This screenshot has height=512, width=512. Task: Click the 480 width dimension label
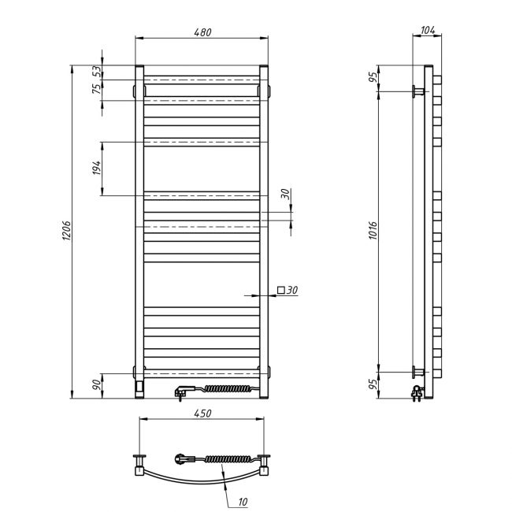[202, 32]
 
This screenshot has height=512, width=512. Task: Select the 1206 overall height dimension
[66, 231]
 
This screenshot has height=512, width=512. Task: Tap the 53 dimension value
[97, 71]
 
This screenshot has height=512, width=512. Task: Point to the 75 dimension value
[97, 89]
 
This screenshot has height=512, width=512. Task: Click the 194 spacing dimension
[97, 168]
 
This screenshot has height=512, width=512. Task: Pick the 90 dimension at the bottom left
[97, 385]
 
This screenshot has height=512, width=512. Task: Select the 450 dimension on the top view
[202, 414]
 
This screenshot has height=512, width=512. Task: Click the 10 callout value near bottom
[243, 502]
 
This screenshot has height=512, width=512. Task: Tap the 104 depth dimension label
[428, 30]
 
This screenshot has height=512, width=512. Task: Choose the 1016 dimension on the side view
[373, 231]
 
